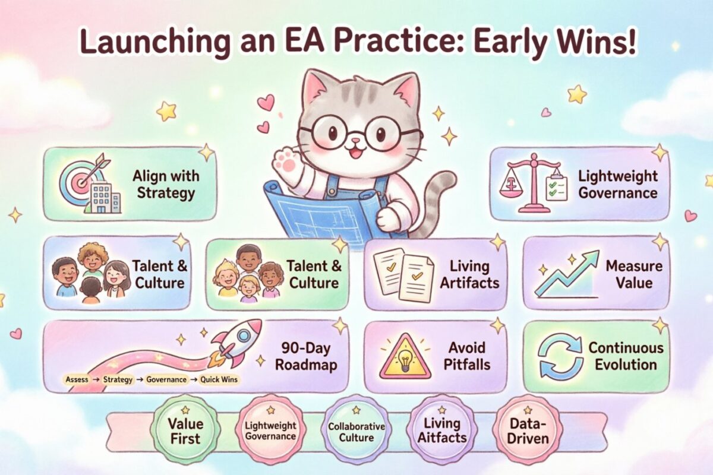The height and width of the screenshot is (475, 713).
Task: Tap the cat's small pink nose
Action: pyautogui.click(x=341, y=143)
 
